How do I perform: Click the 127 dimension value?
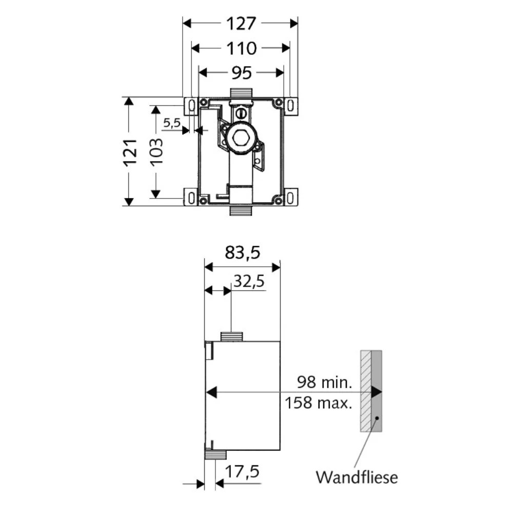[241, 24]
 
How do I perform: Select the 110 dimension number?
[242, 48]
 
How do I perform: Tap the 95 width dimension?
[242, 73]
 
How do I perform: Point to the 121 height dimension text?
[130, 152]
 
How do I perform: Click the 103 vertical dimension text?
[156, 152]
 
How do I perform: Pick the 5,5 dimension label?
[172, 123]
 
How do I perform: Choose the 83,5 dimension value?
[243, 252]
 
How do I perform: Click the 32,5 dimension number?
[249, 281]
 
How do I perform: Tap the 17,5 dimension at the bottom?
[242, 471]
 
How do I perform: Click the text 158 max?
[319, 403]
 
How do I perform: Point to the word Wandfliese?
[357, 477]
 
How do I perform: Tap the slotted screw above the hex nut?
[241, 113]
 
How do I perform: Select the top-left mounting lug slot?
[192, 106]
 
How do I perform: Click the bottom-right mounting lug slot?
[290, 198]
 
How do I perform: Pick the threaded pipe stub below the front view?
[242, 210]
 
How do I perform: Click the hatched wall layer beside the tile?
[366, 391]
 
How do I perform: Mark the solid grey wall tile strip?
[377, 391]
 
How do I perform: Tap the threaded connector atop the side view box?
[232, 337]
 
